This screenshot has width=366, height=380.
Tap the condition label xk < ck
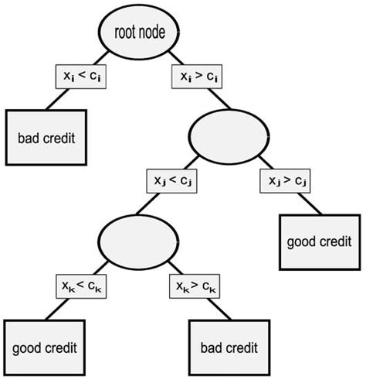click(82, 286)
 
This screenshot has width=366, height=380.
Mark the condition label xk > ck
click(195, 286)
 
